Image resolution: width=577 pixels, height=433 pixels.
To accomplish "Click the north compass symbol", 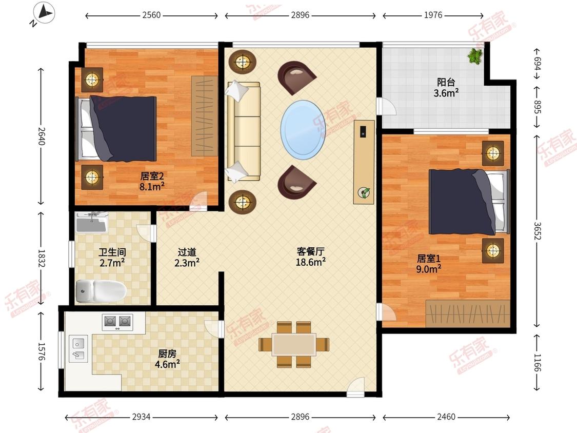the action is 44,14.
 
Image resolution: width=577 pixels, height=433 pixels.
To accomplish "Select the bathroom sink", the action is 91,222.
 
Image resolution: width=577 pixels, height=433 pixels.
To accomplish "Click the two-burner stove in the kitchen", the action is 117,322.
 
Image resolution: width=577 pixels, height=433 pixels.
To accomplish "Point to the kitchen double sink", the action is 78,349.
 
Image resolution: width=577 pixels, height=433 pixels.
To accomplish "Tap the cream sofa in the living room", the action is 244,131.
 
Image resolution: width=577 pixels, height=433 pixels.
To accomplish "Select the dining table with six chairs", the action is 294,344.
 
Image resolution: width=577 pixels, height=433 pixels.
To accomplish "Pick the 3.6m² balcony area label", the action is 446,88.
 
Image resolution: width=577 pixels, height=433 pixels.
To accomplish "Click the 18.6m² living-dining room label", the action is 311,257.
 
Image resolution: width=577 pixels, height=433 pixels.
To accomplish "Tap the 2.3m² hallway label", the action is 187,258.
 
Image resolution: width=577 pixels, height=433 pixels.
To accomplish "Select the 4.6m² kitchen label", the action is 167,359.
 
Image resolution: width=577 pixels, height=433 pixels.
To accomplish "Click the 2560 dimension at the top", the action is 151,15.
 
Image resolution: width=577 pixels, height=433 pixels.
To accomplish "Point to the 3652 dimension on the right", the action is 537,230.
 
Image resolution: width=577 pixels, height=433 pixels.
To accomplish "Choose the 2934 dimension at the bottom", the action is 142,417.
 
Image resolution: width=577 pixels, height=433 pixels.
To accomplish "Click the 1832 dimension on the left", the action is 41,259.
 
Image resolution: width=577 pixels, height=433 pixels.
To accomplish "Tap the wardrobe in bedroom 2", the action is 205,116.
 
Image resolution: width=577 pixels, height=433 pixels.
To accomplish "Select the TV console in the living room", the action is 364,162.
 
